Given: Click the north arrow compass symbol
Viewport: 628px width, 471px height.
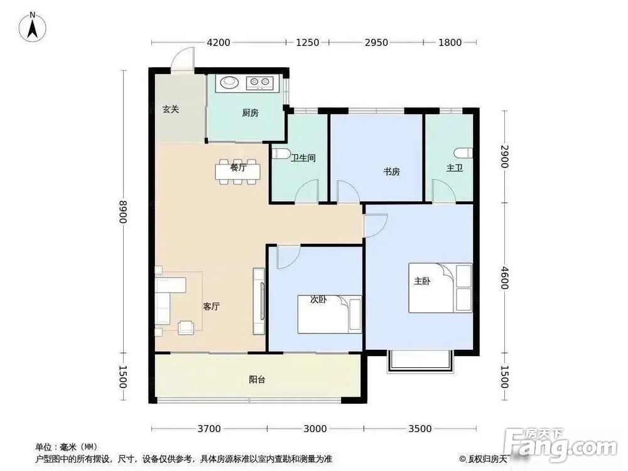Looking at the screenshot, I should [x=31, y=26].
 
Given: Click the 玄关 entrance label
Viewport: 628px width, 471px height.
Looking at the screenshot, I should [x=171, y=109].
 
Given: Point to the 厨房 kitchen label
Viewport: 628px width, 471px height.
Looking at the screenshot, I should [x=250, y=113].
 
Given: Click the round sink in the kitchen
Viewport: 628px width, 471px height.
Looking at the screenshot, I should [x=227, y=82].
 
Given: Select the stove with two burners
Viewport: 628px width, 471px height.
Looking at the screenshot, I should [x=260, y=82].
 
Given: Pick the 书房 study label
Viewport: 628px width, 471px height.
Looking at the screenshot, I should [x=391, y=171].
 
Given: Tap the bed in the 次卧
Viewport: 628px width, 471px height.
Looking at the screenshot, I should [x=329, y=314].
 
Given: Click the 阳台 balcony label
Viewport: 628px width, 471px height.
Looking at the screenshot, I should [x=256, y=379].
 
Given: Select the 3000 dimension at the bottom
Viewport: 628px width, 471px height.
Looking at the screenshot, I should [x=315, y=429].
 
